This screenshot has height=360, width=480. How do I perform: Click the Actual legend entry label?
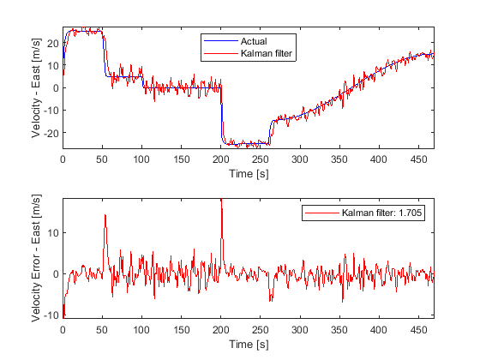(254, 41)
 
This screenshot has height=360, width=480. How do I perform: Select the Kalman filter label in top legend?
(267, 53)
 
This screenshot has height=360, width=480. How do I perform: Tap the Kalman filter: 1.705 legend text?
(381, 213)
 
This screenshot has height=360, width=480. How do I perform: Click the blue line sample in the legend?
(221, 41)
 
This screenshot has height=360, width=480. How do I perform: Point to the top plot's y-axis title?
(36, 87)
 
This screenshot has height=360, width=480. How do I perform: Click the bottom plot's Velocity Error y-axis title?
(36, 258)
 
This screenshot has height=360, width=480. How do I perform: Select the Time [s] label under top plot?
(249, 174)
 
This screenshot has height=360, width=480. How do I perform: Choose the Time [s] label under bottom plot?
(249, 345)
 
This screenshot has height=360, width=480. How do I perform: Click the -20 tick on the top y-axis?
(51, 133)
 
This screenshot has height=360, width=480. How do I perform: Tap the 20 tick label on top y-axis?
(53, 43)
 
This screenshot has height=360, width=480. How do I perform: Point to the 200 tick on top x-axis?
(221, 159)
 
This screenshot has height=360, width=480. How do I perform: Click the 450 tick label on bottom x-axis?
(418, 330)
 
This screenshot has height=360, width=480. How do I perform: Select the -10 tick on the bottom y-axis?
(51, 315)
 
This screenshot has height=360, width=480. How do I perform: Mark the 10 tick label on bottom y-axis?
(53, 233)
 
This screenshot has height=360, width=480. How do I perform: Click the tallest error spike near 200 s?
(221, 199)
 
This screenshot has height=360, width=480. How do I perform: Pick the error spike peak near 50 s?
(105, 215)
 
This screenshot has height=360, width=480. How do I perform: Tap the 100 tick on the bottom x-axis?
(141, 330)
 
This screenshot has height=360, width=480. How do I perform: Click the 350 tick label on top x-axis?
(339, 159)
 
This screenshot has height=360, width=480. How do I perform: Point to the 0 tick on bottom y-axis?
(56, 274)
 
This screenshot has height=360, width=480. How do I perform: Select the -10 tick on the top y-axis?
(51, 111)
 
